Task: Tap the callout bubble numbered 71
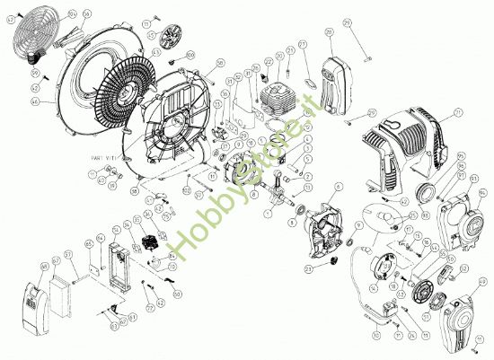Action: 457,112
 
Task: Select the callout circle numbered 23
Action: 309,268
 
